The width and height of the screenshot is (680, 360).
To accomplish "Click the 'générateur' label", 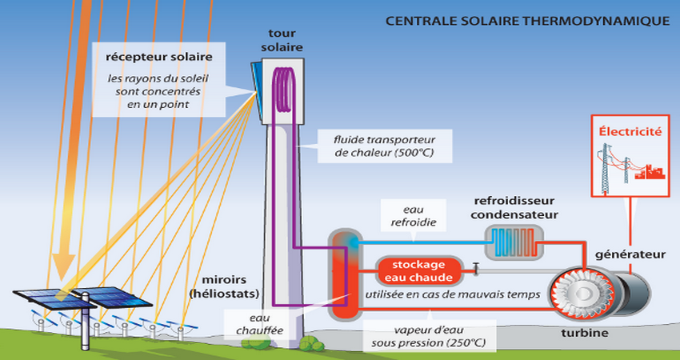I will coord(630,254).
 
